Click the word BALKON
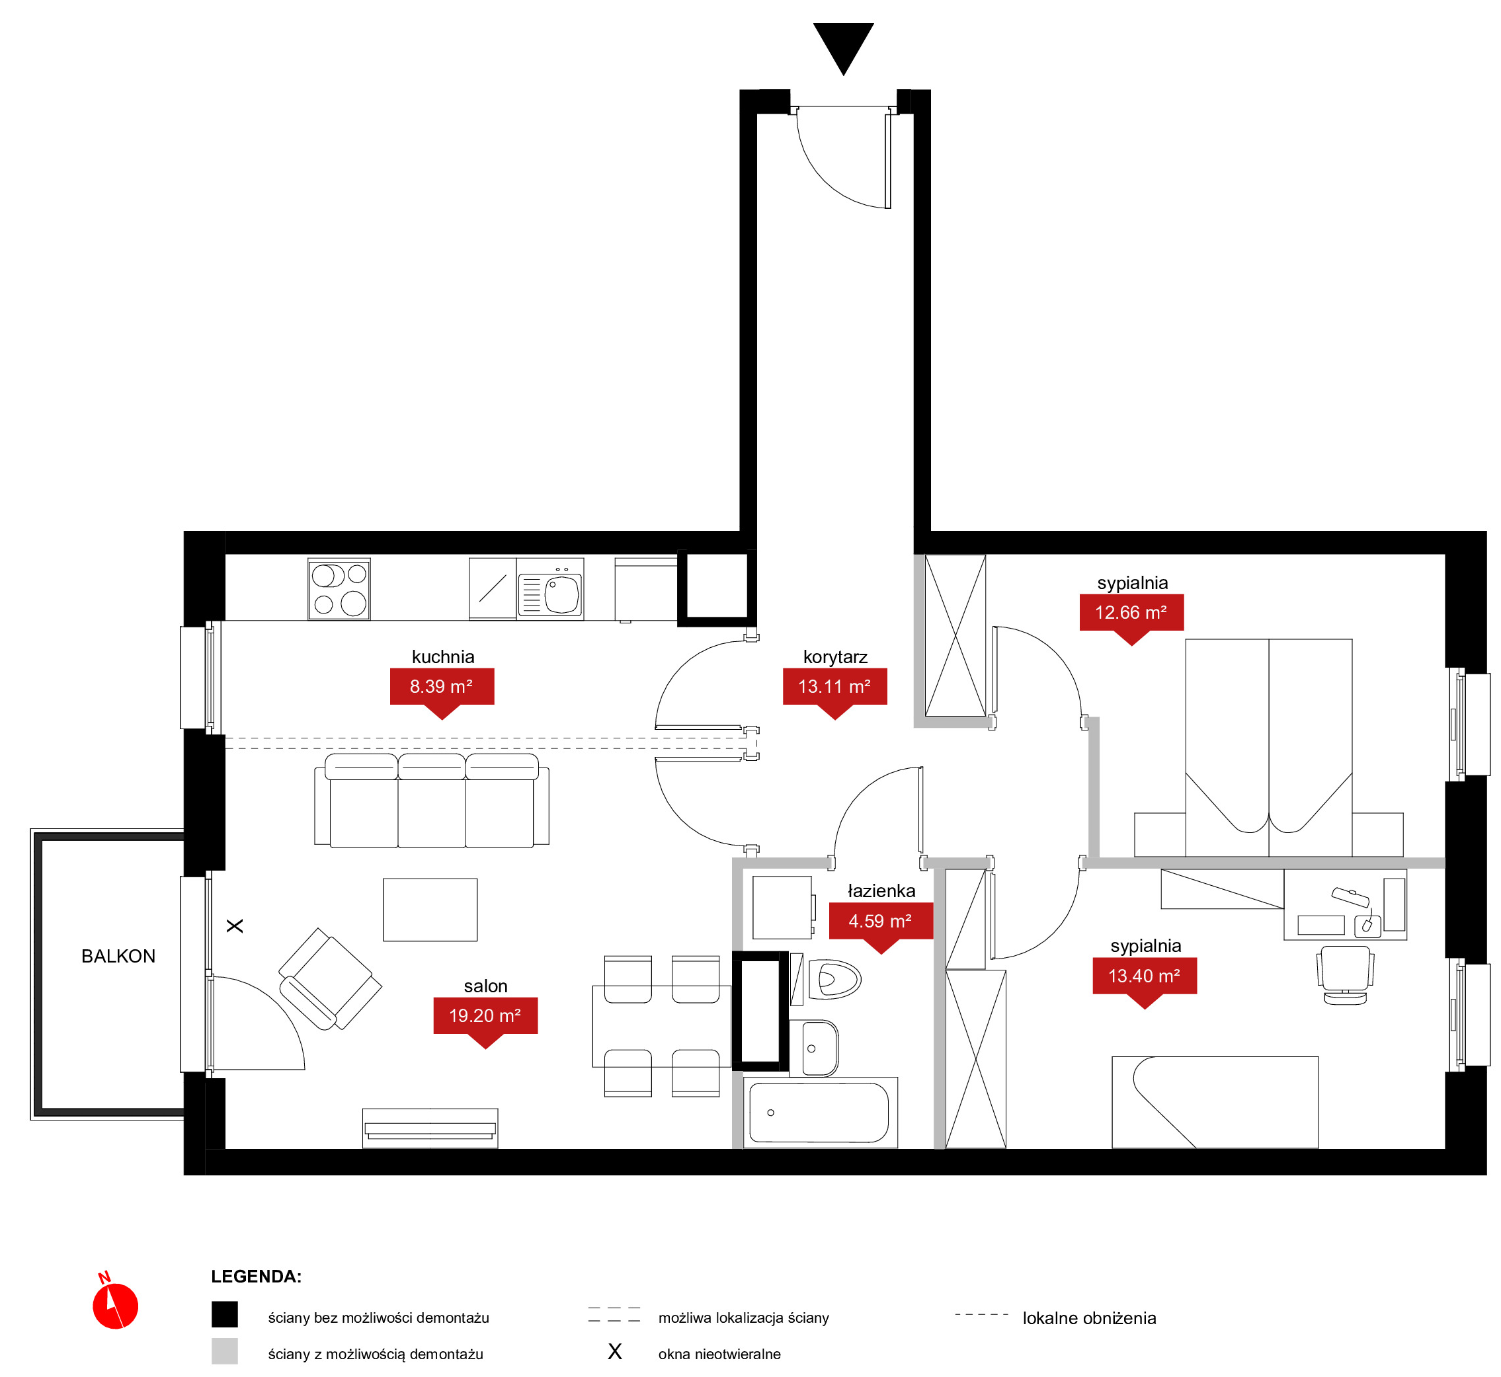pos(118,956)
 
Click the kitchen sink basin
pos(563,594)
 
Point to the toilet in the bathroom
pos(834,978)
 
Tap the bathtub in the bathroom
pos(820,1113)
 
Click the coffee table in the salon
pos(430,910)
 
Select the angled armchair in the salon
pos(329,978)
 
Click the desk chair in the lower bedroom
pos(1345,974)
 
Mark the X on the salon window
pos(235,925)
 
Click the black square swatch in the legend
pos(224,1314)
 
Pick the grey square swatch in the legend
pos(224,1351)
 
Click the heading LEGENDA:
pos(256,1277)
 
